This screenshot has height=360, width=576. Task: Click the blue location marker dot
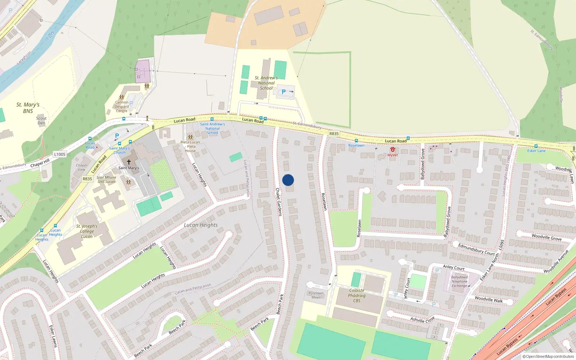pyautogui.click(x=288, y=180)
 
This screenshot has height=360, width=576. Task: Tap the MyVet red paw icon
pyautogui.click(x=392, y=149)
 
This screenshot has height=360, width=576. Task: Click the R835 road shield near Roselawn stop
pyautogui.click(x=334, y=134)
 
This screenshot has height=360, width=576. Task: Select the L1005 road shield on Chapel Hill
pyautogui.click(x=60, y=154)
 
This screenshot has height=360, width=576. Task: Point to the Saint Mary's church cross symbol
pyautogui.click(x=129, y=162)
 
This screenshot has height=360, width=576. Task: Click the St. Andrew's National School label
pyautogui.click(x=266, y=83)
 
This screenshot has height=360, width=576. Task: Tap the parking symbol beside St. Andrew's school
pyautogui.click(x=284, y=92)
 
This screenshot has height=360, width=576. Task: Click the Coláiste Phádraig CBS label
pyautogui.click(x=357, y=296)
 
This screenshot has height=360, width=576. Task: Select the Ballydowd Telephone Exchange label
pyautogui.click(x=459, y=282)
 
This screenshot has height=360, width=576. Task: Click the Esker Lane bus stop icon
pyautogui.click(x=536, y=146)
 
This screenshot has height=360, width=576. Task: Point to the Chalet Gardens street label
pyautogui.click(x=279, y=202)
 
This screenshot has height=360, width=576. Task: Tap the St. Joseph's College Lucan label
pyautogui.click(x=87, y=231)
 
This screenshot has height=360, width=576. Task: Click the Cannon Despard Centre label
pyautogui.click(x=122, y=107)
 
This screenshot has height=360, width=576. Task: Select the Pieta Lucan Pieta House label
pyautogui.click(x=190, y=147)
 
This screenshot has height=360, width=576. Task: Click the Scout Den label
pyautogui.click(x=41, y=121)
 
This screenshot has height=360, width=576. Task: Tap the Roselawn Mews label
pyautogui.click(x=316, y=295)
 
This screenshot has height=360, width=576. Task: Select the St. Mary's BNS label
pyautogui.click(x=28, y=108)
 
